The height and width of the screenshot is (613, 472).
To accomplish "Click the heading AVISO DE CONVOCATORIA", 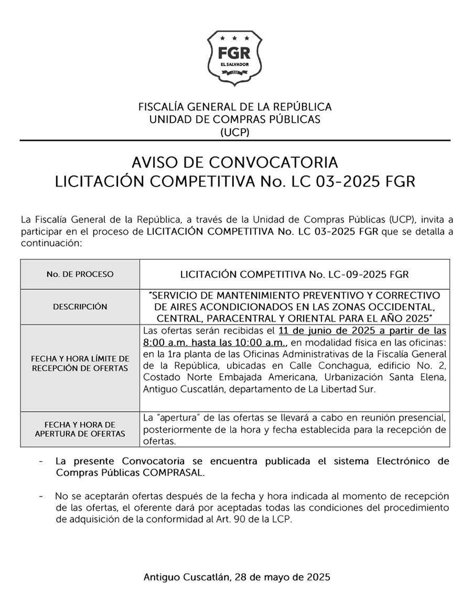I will click(x=235, y=161).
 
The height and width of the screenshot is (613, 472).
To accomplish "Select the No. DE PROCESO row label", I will click(x=80, y=274).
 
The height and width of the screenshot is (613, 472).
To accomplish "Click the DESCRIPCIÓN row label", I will click(x=80, y=307).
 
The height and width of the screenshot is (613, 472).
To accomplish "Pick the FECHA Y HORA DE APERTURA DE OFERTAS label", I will click(x=80, y=429).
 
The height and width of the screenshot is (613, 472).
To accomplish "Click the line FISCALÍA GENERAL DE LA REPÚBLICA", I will click(x=235, y=107).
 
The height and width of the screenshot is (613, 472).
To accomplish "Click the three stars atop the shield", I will click(x=235, y=38).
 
